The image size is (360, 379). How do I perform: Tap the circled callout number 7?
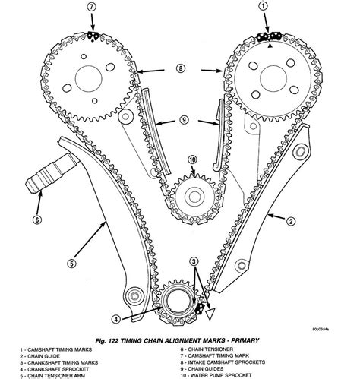92,8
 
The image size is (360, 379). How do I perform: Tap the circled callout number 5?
71,264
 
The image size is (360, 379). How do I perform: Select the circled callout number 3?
195,262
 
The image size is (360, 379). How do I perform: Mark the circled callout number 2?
289,221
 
